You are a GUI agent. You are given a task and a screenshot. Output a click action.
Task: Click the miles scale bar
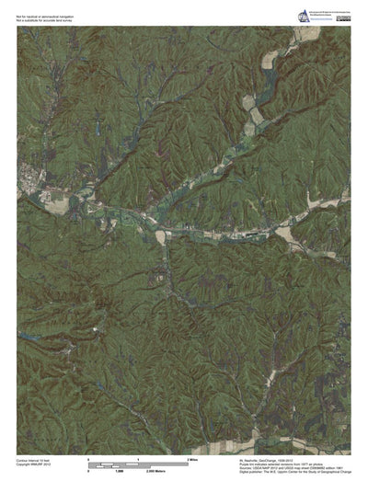(x=137, y=462)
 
